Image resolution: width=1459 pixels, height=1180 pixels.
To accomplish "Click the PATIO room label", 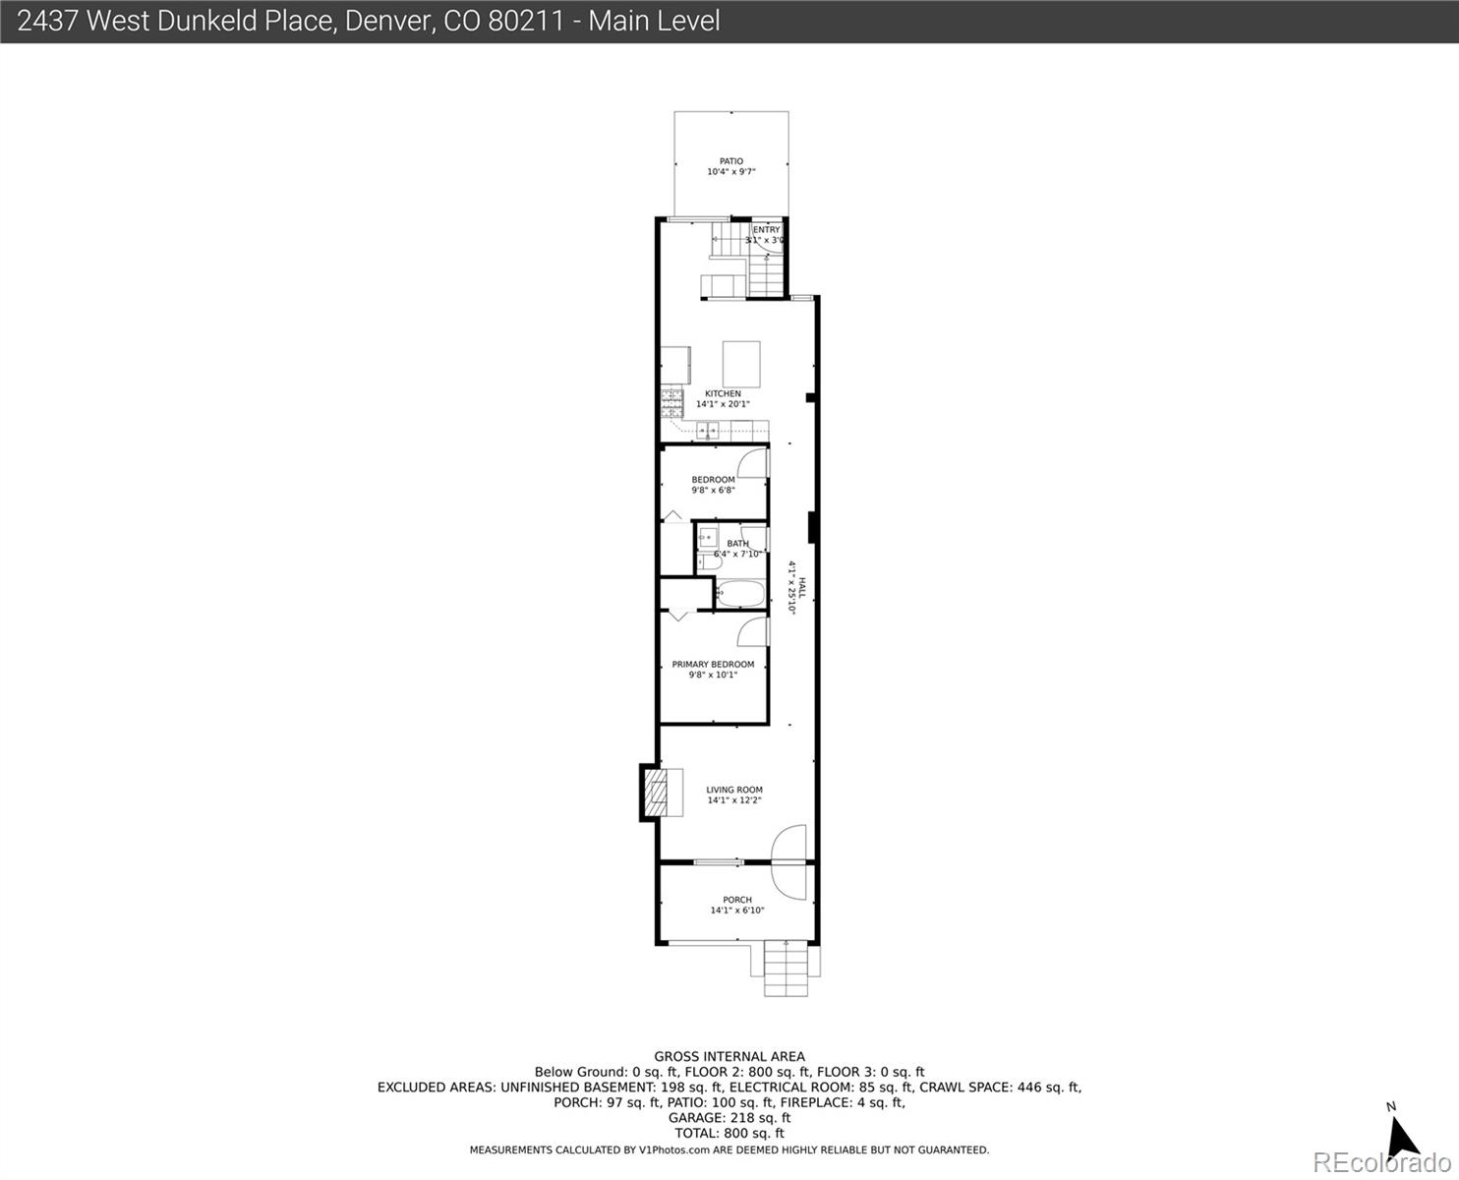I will click(730, 161).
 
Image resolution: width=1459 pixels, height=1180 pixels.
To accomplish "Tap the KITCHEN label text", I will click(723, 393).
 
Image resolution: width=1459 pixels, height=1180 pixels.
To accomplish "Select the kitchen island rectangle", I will click(741, 363).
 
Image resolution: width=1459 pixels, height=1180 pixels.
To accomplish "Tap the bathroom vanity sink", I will click(708, 538).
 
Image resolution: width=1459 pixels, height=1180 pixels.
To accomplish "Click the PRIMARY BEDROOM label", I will click(713, 665).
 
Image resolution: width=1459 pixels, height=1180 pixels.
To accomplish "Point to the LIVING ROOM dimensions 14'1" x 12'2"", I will click(734, 800).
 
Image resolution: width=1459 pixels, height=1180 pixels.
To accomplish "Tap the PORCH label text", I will click(736, 900).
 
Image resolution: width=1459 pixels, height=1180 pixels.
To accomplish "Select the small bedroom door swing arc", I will click(753, 462).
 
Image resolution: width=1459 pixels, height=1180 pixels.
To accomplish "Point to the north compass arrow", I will click(1401, 1136).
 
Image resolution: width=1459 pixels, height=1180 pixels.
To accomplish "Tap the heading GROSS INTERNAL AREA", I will click(729, 1057).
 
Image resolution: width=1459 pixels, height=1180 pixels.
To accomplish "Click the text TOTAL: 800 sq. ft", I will click(729, 1133).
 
